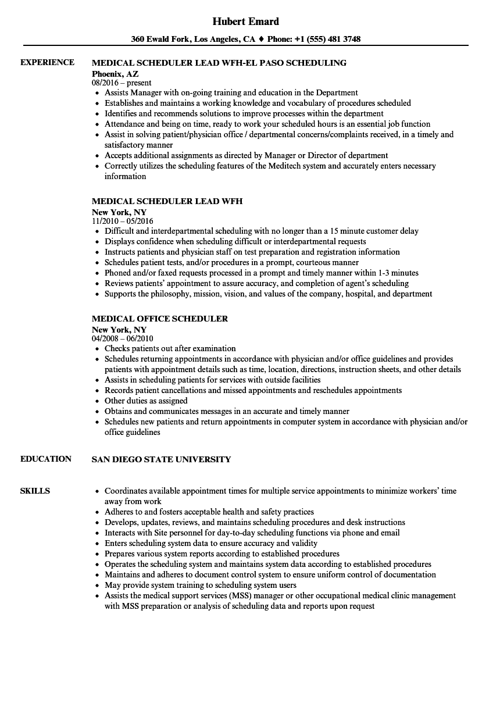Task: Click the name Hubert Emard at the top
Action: pyautogui.click(x=245, y=22)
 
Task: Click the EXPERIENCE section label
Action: pyautogui.click(x=47, y=62)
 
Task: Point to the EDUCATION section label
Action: pyautogui.click(x=45, y=459)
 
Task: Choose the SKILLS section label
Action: pyautogui.click(x=35, y=491)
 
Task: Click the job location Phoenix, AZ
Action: pyautogui.click(x=115, y=74)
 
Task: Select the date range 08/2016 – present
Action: pyautogui.click(x=122, y=83)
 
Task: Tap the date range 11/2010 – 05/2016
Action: pyautogui.click(x=122, y=222)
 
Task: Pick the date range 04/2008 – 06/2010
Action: pyautogui.click(x=122, y=338)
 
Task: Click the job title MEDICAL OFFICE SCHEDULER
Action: pyautogui.click(x=160, y=319)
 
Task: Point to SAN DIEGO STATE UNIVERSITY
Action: pyautogui.click(x=161, y=459)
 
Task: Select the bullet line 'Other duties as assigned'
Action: pyautogui.click(x=146, y=401)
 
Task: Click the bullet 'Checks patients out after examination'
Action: pyautogui.click(x=170, y=348)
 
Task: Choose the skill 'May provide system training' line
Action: pyautogui.click(x=200, y=585)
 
